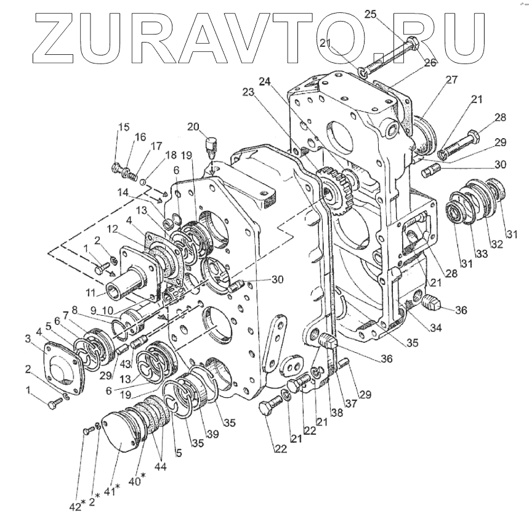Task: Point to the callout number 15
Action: coord(124,128)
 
